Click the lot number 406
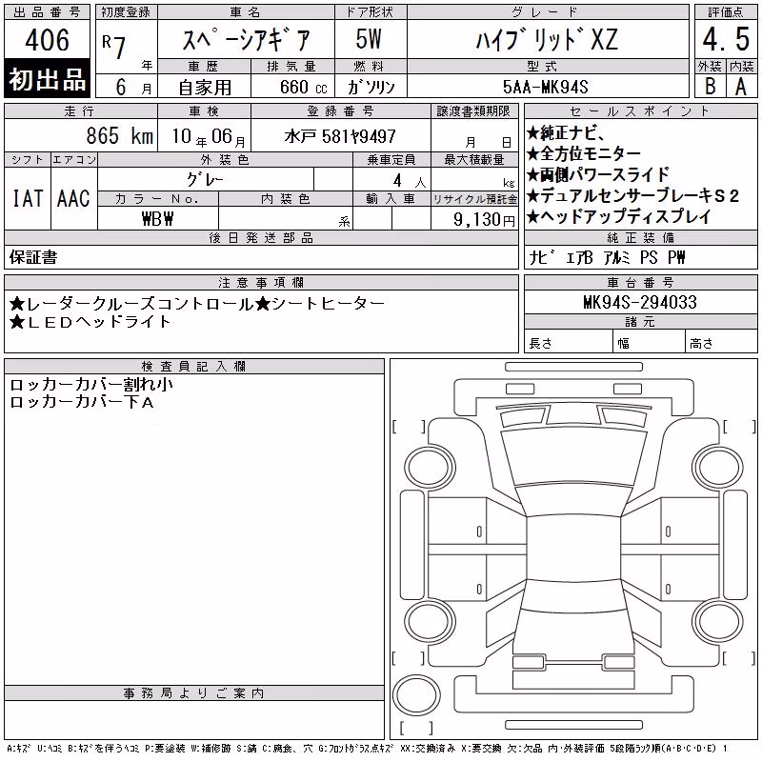coord(47,39)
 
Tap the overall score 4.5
coord(726,39)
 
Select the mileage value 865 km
coord(120,135)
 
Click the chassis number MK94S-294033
coord(640,302)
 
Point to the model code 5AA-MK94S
coord(545,87)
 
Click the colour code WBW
coord(157,219)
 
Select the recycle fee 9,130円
coord(484,220)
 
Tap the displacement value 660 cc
coord(303,87)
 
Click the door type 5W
coord(369,39)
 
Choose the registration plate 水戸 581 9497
coord(340,136)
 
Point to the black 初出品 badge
coord(47,79)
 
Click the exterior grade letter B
coord(710,87)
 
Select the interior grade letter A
coord(741,87)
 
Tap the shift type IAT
coord(28,198)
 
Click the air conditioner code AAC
coord(73,198)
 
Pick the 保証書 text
coord(33,257)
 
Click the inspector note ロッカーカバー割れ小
coord(91,385)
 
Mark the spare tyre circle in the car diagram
coord(416,695)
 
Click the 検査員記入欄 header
coord(193,367)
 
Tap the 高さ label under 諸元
coord(701,344)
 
